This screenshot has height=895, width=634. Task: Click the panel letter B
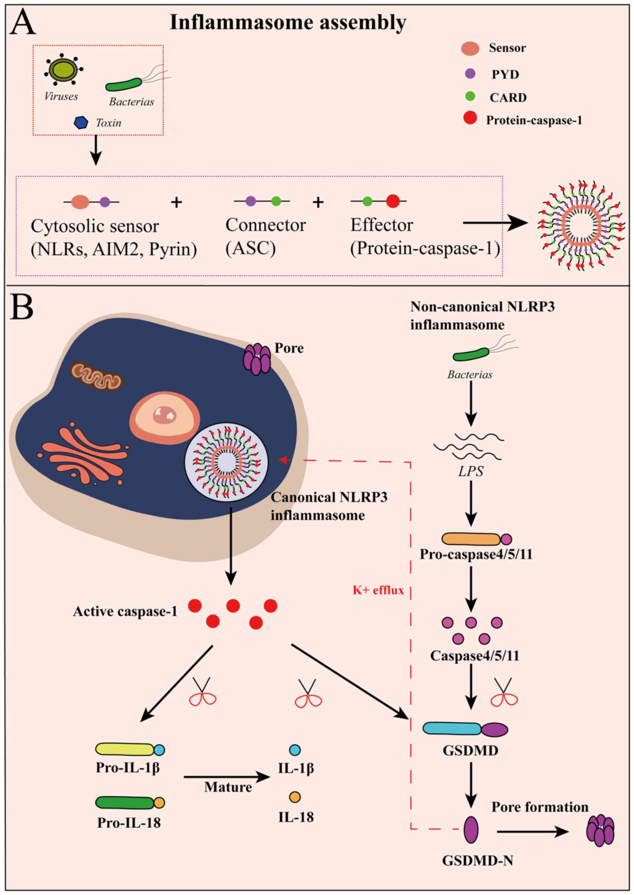23,307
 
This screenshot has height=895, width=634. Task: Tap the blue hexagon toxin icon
81,123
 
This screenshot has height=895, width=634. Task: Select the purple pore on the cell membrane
257,359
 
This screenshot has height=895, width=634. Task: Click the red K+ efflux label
378,590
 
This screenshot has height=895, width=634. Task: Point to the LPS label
471,471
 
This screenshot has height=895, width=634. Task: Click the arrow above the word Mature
227,777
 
